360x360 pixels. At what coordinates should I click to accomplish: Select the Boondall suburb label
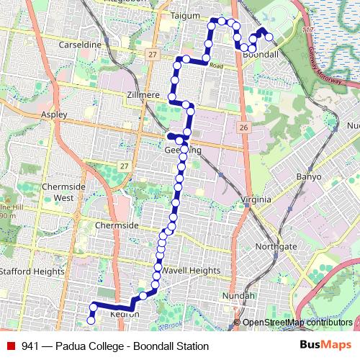[x=261, y=55]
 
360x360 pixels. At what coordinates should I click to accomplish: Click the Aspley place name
[x=54, y=114]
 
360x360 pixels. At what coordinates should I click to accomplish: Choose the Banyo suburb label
[x=310, y=176]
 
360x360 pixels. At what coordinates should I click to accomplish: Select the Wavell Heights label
[x=190, y=270]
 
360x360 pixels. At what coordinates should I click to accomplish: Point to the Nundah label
[x=239, y=296]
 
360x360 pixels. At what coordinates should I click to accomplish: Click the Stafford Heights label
[x=32, y=271]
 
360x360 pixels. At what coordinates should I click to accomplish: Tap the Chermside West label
[x=58, y=192]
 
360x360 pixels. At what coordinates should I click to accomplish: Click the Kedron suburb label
[x=124, y=314]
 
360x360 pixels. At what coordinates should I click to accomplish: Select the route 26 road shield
[x=244, y=127]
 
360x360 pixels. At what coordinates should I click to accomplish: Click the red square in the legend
[x=10, y=346]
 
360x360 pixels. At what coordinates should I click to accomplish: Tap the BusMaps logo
[x=325, y=346]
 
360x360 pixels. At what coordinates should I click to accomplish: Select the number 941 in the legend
[x=30, y=346]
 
